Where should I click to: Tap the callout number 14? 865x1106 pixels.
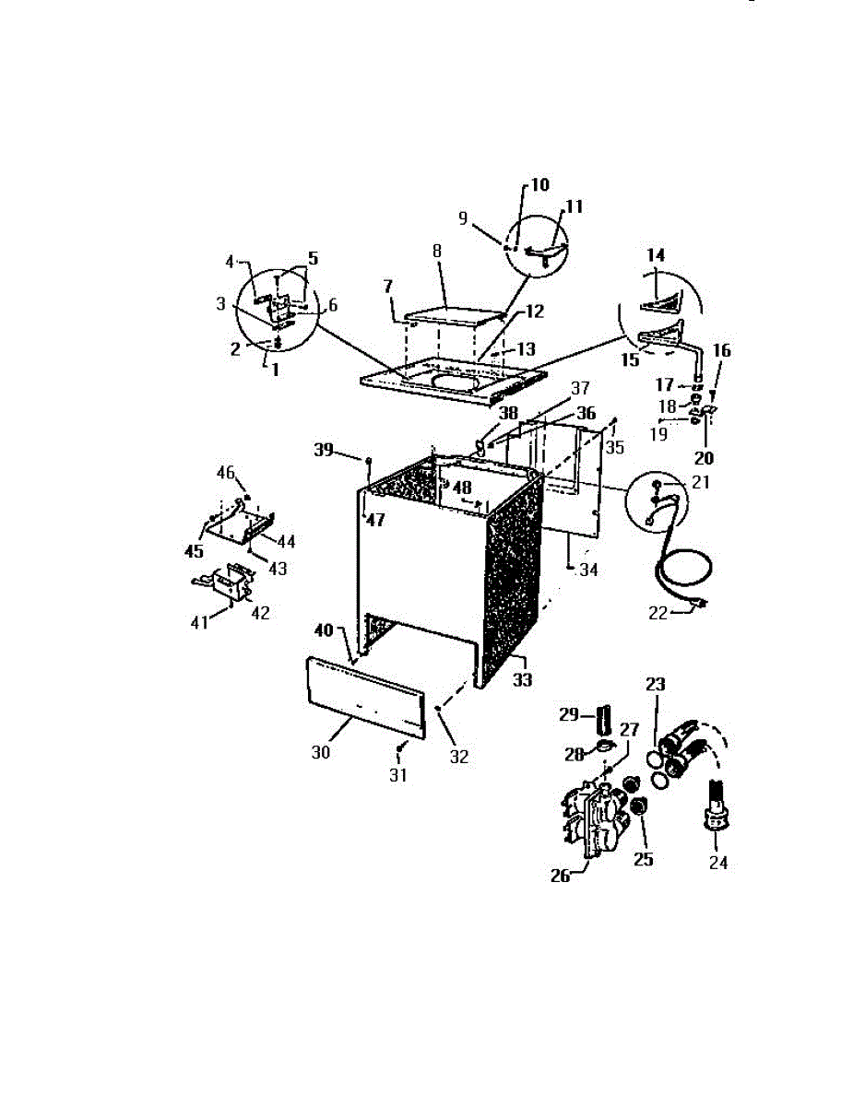[656, 253]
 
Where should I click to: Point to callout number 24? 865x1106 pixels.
[717, 863]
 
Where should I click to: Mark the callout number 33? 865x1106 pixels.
[523, 682]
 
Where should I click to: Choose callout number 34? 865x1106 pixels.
[588, 571]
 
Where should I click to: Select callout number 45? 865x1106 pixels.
[194, 552]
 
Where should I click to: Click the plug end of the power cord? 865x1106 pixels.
[699, 606]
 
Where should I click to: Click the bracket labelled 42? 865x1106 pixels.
[229, 582]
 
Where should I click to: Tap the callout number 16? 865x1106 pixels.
[721, 350]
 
